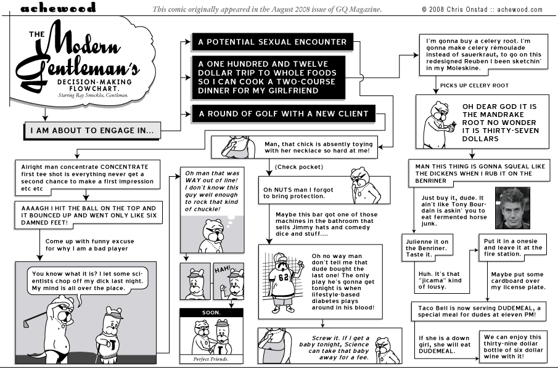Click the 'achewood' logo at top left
[58, 8]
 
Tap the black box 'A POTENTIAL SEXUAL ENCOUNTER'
[271, 42]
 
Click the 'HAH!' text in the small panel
[221, 270]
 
